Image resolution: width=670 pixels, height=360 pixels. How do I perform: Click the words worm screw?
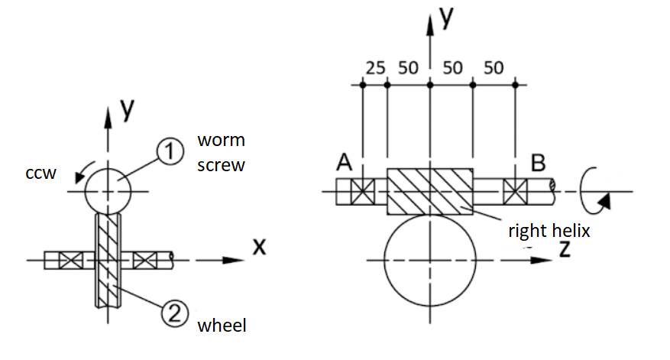[222, 152]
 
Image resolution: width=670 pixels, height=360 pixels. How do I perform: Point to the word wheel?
[222, 326]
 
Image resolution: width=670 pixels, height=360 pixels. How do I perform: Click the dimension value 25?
[376, 68]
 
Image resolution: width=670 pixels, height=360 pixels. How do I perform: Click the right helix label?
[549, 229]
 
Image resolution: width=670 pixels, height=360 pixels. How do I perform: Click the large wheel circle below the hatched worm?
[429, 261]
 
